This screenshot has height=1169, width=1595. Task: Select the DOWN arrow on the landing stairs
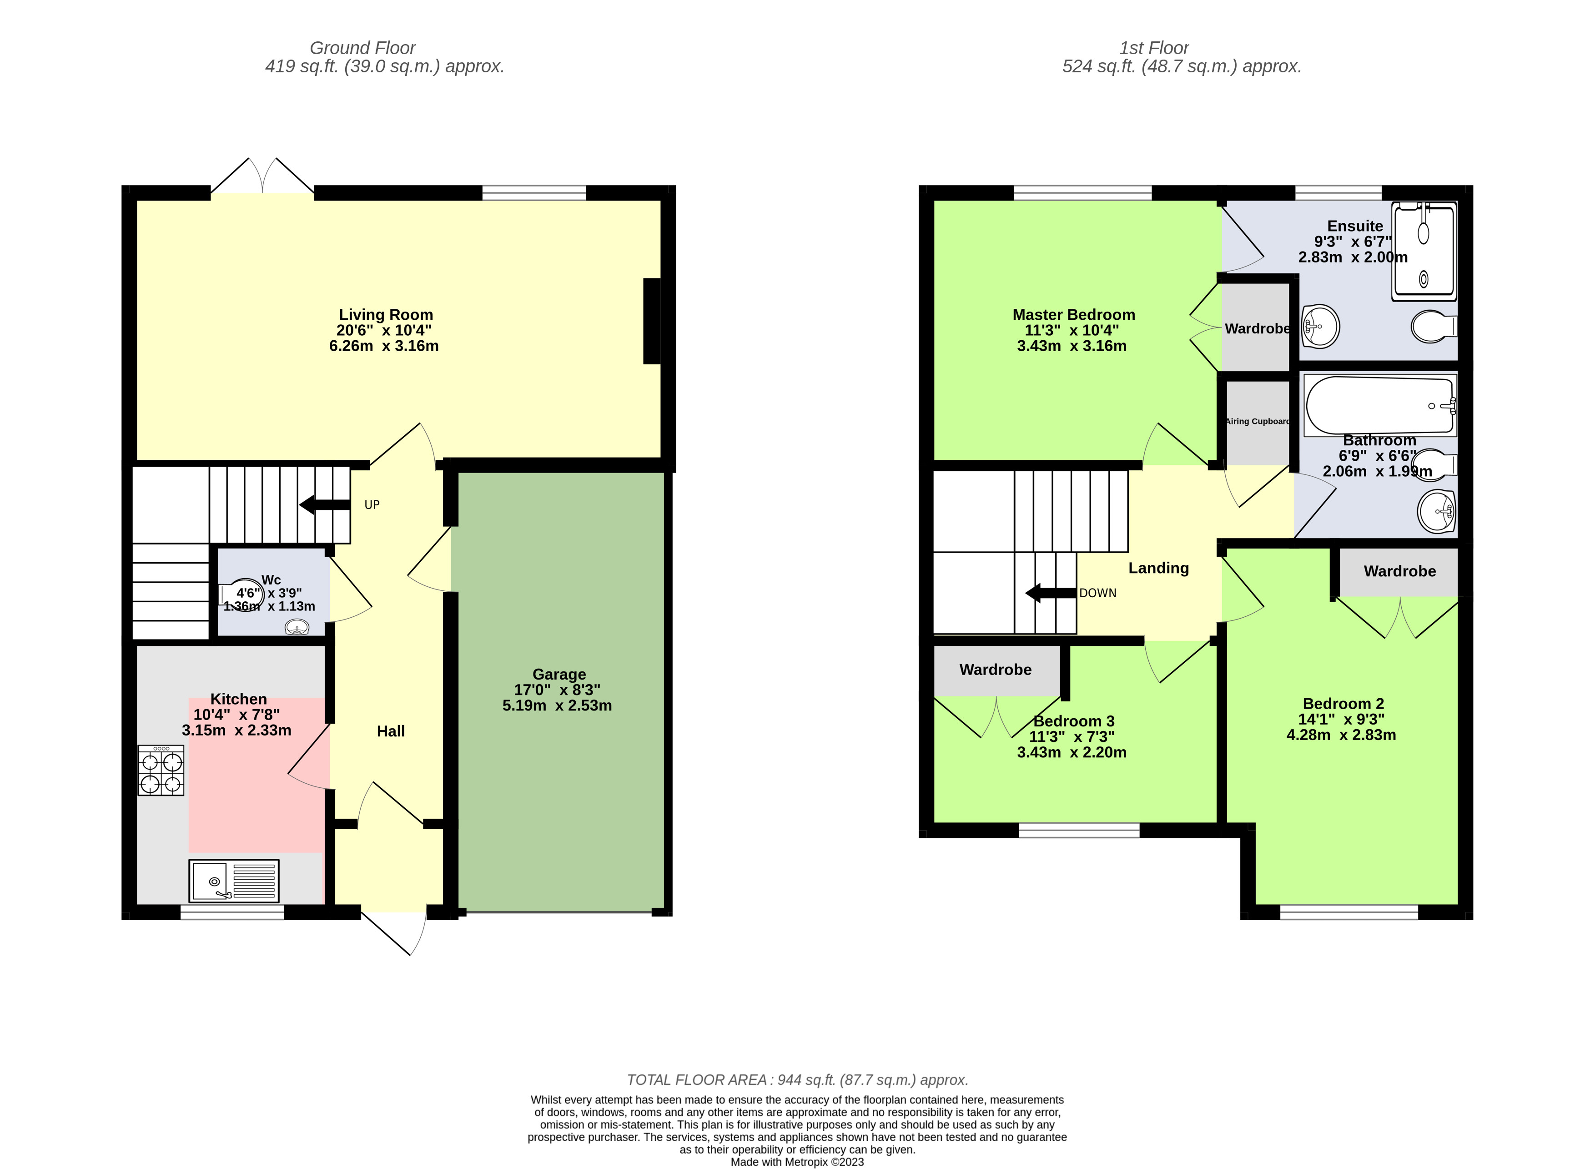1051,593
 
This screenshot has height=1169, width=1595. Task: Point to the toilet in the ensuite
1434,327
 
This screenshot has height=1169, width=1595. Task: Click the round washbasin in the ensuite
1320,326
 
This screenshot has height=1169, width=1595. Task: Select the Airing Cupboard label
1258,422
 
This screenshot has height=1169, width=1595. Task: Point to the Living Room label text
386,315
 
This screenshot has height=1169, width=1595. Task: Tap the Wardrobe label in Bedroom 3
995,670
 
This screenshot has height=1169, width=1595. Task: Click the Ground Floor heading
362,48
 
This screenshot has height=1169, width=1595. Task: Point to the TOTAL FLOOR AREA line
797,1080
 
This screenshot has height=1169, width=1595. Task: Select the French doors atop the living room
262,177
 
